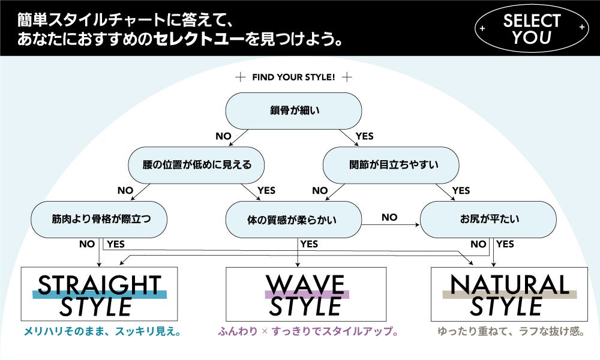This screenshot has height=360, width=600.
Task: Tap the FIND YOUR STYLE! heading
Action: coord(293,77)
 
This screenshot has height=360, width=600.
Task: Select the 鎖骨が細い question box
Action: coord(293,111)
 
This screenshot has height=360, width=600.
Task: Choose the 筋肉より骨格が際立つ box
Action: coord(100,220)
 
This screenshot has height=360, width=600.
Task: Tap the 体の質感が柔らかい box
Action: coord(293,220)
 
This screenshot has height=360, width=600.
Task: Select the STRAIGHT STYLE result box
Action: coord(100,294)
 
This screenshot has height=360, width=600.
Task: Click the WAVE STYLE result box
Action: coord(306,294)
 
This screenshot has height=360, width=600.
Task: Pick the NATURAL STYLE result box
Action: coord(509,294)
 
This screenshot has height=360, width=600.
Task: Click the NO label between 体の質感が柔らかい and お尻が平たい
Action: coord(389,217)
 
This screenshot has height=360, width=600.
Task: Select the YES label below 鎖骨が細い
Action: coord(364,136)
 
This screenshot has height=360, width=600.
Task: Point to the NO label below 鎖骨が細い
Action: coord(223,136)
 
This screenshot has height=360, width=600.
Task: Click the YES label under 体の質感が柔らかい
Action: coord(309,244)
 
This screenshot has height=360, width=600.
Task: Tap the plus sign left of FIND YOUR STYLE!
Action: coord(241,77)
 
